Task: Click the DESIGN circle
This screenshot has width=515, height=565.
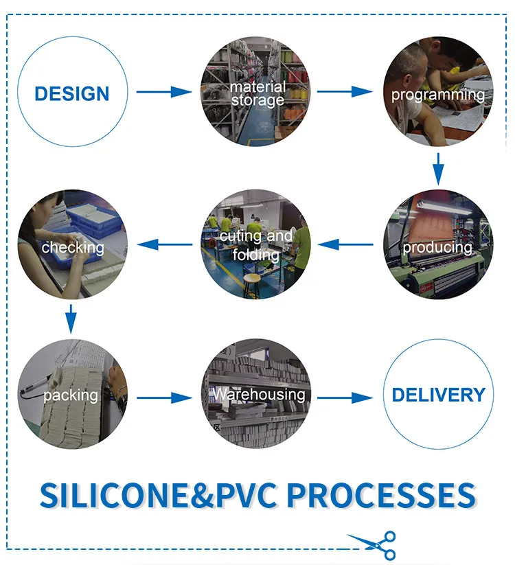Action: pos(72,93)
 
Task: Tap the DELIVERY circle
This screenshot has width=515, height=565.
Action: pos(438,395)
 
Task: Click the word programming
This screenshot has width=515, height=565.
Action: pos(437,95)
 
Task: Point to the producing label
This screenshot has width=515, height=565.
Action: pos(437,247)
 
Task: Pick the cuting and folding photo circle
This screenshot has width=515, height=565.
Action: pos(256,244)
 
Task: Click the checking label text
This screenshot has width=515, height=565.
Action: pos(73,247)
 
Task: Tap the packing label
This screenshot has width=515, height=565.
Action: pos(70,395)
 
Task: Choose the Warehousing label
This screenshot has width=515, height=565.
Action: pos(258,394)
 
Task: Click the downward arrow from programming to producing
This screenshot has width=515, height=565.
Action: pos(438,169)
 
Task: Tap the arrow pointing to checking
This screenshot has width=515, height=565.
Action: pos(165,244)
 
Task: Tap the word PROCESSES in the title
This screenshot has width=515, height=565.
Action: pos(380,496)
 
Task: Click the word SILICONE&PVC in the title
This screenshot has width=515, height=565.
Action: pos(158,496)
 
